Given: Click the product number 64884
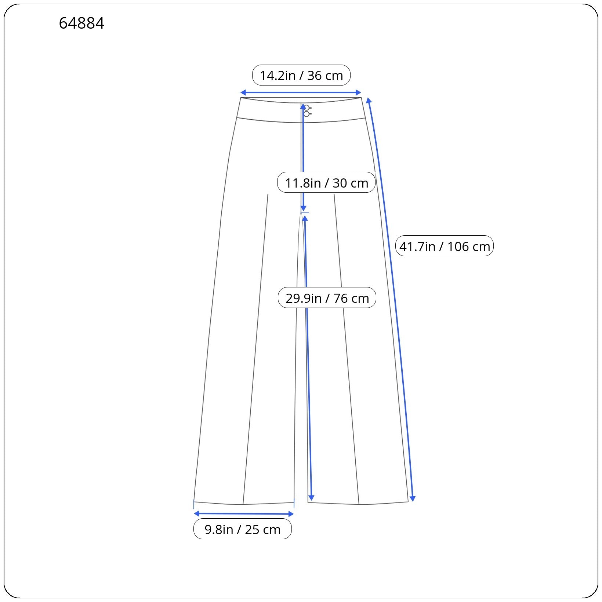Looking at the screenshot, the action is click(x=81, y=23).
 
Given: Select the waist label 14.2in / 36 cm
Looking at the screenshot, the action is click(x=301, y=75).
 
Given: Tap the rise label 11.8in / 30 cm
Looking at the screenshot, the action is click(x=326, y=182).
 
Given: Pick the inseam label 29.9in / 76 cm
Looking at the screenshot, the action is click(x=327, y=298).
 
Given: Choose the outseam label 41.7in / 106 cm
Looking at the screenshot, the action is click(x=445, y=246).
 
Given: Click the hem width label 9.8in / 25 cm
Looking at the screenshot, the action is click(x=243, y=529).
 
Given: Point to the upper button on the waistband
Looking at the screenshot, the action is click(x=307, y=108).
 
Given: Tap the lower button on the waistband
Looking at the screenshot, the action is click(x=307, y=114).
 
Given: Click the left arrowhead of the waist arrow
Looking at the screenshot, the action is click(x=243, y=93).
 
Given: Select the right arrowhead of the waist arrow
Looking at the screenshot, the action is click(x=359, y=93).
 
